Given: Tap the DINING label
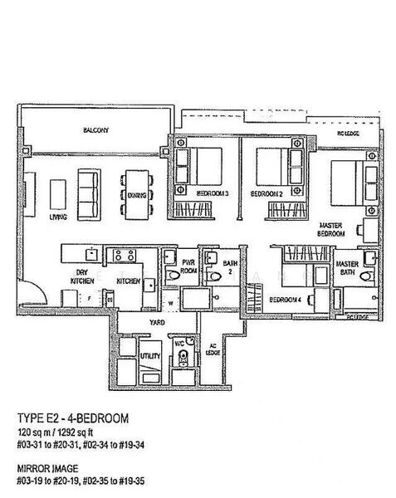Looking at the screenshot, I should click(138, 195).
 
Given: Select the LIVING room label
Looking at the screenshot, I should click(58, 217).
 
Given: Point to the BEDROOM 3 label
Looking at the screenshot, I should click(213, 193).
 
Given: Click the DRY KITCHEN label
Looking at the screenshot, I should click(81, 278).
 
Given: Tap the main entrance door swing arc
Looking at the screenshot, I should click(32, 290).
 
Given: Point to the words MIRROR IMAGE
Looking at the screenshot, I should click(46, 466).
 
